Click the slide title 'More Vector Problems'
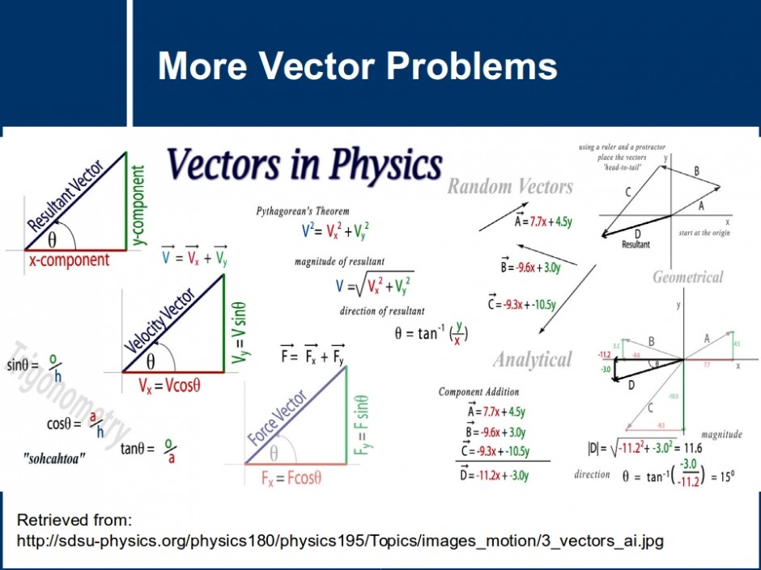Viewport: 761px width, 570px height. tap(357, 65)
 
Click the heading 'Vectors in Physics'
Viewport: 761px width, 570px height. tap(304, 165)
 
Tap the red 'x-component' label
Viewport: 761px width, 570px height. tap(69, 260)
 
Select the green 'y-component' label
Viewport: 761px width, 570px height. tap(139, 205)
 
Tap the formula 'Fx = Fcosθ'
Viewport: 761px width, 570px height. tap(291, 477)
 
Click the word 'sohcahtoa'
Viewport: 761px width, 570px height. tap(54, 458)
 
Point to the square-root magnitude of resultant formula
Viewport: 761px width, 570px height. tap(374, 285)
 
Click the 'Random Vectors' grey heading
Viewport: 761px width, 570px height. tap(510, 187)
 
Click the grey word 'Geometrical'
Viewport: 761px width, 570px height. tap(688, 277)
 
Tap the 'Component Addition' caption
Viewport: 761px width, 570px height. tap(478, 391)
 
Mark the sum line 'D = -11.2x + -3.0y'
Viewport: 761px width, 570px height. tap(494, 475)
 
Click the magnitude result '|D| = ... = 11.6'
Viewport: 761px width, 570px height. tap(644, 447)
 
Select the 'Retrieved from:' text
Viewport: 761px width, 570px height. tap(74, 519)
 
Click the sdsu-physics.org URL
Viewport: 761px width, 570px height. tap(340, 540)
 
